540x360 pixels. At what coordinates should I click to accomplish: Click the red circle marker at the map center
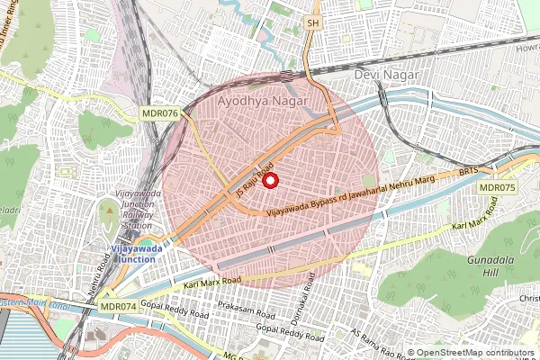[270, 180]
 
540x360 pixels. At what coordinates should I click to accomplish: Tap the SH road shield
[312, 22]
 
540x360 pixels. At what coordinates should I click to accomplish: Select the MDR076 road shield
[159, 112]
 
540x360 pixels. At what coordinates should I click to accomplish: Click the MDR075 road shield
[497, 187]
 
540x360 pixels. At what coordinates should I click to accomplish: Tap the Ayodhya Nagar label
[262, 93]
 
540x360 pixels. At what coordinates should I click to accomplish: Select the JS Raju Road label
[254, 182]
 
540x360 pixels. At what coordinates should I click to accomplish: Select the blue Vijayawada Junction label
[123, 253]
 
